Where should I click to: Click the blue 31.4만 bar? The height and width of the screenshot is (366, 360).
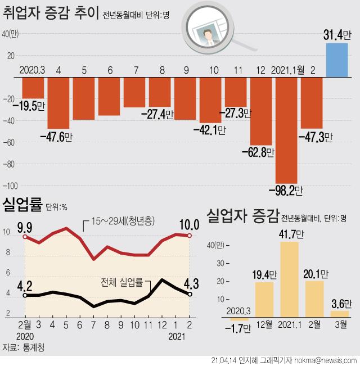click(337, 59)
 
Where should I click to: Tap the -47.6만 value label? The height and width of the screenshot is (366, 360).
click(56, 136)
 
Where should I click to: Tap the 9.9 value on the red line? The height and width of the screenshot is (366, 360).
click(24, 227)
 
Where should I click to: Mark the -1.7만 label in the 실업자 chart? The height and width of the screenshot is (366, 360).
click(239, 329)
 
